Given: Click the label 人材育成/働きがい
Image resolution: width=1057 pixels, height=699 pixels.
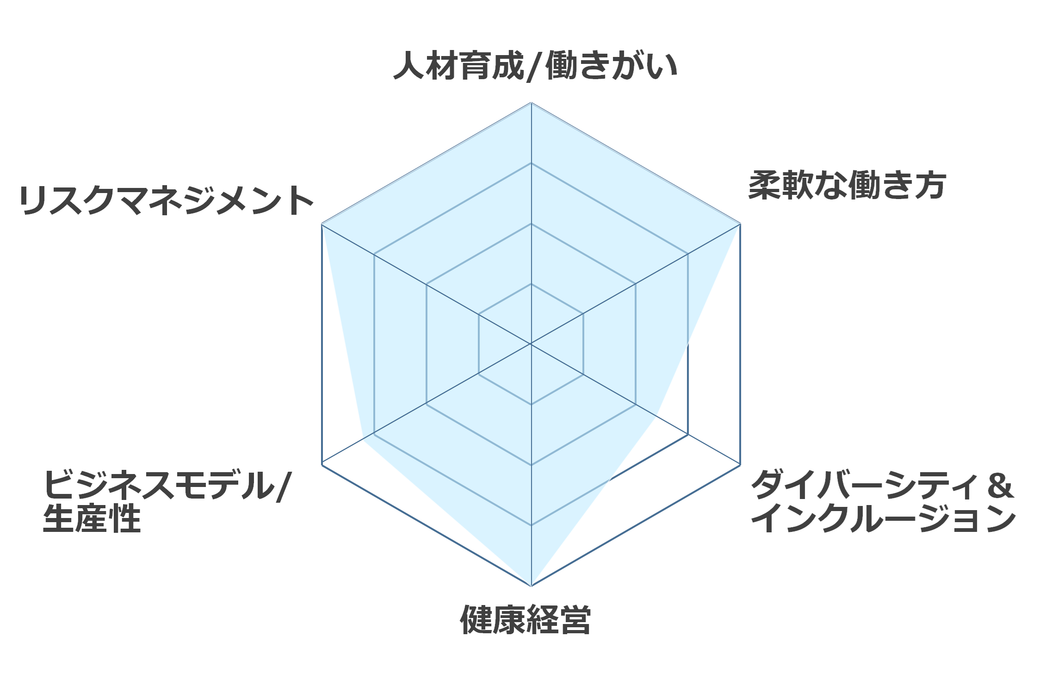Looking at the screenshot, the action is pos(535,66).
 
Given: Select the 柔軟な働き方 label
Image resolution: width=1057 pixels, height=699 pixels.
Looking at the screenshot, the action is pos(847,185).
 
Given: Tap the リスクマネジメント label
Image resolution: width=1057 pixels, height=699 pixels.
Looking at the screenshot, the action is pos(167,200).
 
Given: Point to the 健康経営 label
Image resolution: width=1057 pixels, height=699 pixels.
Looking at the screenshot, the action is pos(525,619).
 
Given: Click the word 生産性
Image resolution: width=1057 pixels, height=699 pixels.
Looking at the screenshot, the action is pos(92,518).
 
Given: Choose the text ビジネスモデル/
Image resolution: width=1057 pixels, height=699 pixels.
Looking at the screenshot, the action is pos(167,485).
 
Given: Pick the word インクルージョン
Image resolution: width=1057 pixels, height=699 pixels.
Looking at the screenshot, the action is pos(884,518).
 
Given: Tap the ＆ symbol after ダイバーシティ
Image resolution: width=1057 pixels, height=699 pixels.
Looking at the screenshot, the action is pos(1000,485).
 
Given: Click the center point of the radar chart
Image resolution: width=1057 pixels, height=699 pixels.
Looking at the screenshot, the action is pos(531,344).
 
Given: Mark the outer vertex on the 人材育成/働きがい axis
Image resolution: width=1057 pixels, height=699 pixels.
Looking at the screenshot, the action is pos(531,102).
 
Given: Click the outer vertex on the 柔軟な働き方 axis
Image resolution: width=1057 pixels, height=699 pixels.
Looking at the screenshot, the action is pos(741,224).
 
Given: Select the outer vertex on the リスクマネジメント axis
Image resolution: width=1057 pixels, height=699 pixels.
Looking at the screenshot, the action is pos(321,224).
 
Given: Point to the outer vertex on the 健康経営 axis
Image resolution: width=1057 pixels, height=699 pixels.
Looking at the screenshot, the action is pos(531,586).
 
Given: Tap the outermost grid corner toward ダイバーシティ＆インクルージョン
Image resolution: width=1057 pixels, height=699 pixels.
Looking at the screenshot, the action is pos(741,465).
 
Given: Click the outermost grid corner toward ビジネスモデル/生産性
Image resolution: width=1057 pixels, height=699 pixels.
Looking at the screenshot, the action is pos(321,465).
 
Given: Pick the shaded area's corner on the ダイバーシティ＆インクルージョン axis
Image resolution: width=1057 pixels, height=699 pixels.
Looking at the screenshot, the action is pos(657,417).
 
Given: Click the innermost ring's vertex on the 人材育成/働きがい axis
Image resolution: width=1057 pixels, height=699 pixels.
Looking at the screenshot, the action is pos(531,284).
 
